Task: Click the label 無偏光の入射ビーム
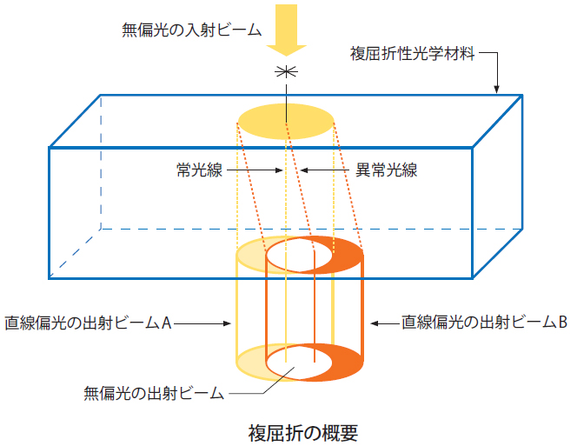[191, 29]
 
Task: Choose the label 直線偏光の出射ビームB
[484, 323]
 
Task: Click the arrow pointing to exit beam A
[204, 323]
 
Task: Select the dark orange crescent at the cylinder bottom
[348, 360]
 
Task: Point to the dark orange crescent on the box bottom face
[348, 253]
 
